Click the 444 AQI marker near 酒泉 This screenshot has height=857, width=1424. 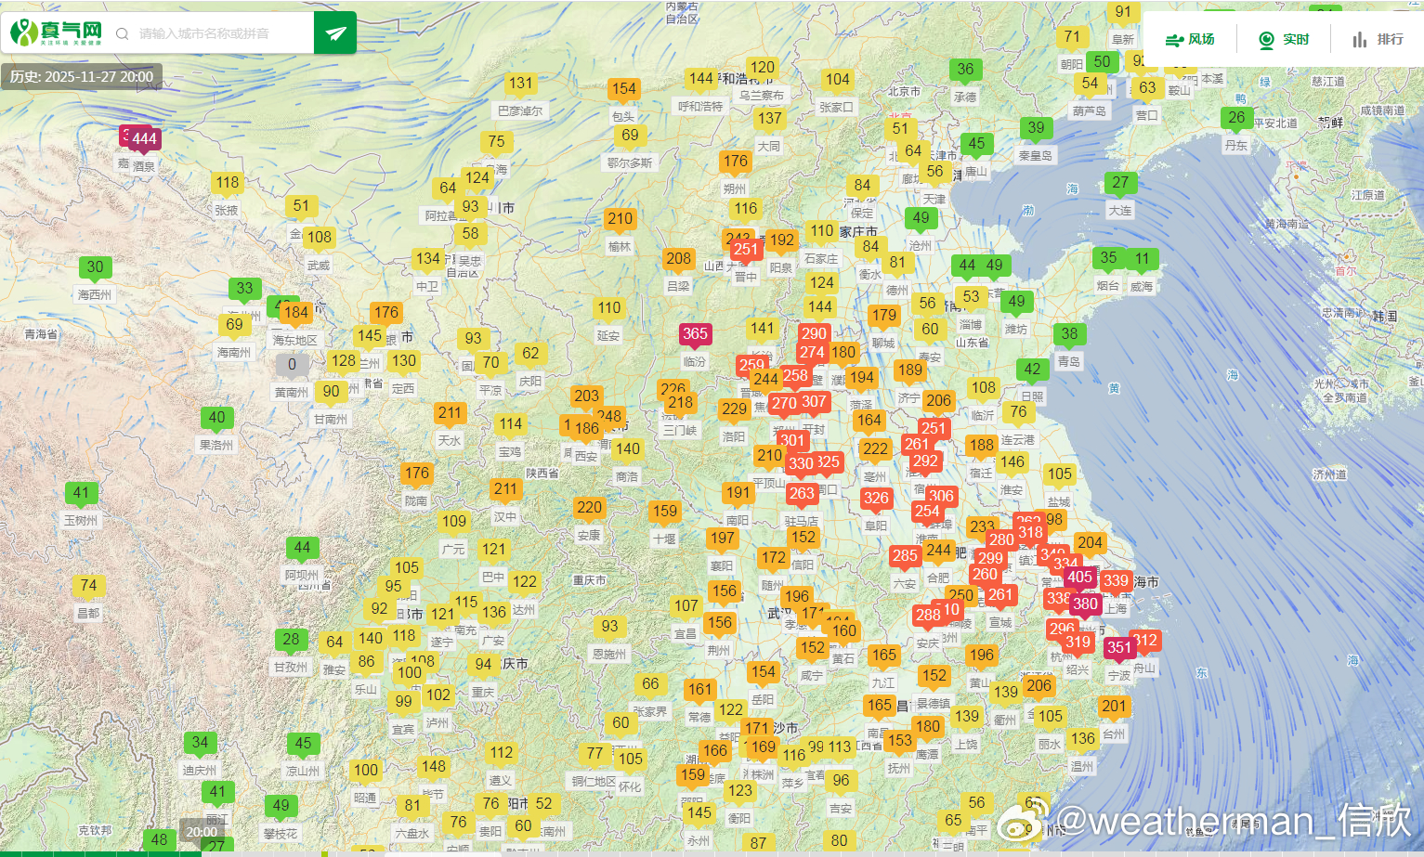pyautogui.click(x=144, y=139)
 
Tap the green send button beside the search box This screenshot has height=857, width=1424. pyautogui.click(x=335, y=33)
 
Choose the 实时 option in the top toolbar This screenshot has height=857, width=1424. pyautogui.click(x=1284, y=39)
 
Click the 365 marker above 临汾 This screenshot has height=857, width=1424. pyautogui.click(x=695, y=334)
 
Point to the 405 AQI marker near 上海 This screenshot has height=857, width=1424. pyautogui.click(x=1079, y=578)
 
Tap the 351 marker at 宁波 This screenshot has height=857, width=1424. pyautogui.click(x=1119, y=648)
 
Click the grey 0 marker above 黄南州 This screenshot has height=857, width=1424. pyautogui.click(x=292, y=365)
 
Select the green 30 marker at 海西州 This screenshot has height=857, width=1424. pyautogui.click(x=95, y=267)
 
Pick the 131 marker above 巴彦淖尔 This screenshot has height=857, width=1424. pyautogui.click(x=520, y=84)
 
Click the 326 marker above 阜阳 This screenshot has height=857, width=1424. pyautogui.click(x=876, y=499)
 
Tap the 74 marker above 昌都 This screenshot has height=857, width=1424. pyautogui.click(x=88, y=586)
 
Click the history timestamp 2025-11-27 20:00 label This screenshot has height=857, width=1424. pyautogui.click(x=82, y=77)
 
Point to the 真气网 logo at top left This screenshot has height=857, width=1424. pyautogui.click(x=56, y=33)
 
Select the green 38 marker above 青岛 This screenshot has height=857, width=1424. pyautogui.click(x=1069, y=334)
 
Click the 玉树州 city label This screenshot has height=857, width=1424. pyautogui.click(x=81, y=521)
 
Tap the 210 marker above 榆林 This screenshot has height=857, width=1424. pyautogui.click(x=620, y=220)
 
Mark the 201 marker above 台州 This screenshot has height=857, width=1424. pyautogui.click(x=1114, y=707)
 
